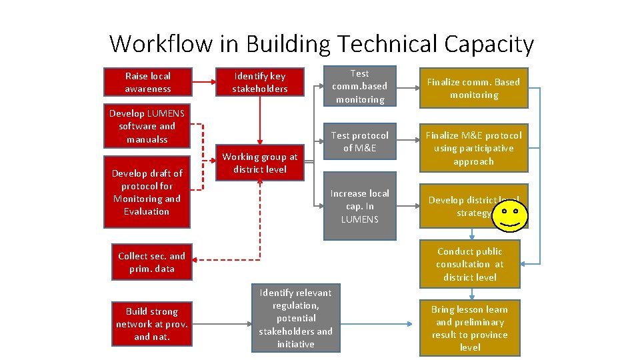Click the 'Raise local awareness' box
click(147, 82)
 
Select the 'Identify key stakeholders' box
click(260, 82)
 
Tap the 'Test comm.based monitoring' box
click(359, 86)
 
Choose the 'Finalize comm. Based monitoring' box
click(473, 88)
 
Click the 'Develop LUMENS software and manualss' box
click(147, 126)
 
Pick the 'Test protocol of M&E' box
click(359, 141)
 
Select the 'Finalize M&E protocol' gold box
click(473, 148)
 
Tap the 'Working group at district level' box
click(260, 163)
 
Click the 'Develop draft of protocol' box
click(147, 192)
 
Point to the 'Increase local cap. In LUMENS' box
click(359, 206)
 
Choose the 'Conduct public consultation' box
click(470, 264)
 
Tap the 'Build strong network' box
click(152, 324)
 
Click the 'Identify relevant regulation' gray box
click(295, 318)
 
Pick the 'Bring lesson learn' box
click(469, 328)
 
